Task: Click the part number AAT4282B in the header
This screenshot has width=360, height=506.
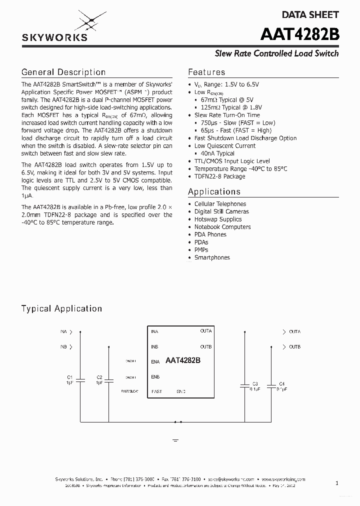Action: pos(299,34)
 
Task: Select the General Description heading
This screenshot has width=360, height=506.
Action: pos(63,72)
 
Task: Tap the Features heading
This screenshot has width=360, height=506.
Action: pos(206,72)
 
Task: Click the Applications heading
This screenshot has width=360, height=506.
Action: pos(214,191)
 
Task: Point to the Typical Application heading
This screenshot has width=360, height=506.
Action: pos(61,308)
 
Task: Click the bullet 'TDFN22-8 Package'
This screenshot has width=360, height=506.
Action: pos(219,176)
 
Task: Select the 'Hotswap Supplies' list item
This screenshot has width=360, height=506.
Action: pos(218,219)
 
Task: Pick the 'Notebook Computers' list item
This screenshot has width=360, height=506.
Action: pos(222,227)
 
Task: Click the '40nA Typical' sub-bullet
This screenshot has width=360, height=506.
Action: pos(217,153)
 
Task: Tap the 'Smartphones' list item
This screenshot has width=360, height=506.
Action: pos(212,257)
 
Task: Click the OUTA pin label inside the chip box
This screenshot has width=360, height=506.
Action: pos(205,331)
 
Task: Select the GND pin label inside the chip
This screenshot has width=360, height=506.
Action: pos(181,391)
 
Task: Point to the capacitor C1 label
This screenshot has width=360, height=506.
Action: pos(70,377)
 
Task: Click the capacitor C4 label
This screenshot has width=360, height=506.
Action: pos(281,383)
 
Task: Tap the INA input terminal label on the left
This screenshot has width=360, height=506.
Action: pos(63,331)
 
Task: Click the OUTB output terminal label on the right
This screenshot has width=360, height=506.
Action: pos(294,347)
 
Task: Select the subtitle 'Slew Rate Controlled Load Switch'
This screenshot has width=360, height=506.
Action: pos(276,53)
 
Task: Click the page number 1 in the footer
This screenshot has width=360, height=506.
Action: pos(337,483)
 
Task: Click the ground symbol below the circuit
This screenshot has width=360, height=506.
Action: pos(175,440)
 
